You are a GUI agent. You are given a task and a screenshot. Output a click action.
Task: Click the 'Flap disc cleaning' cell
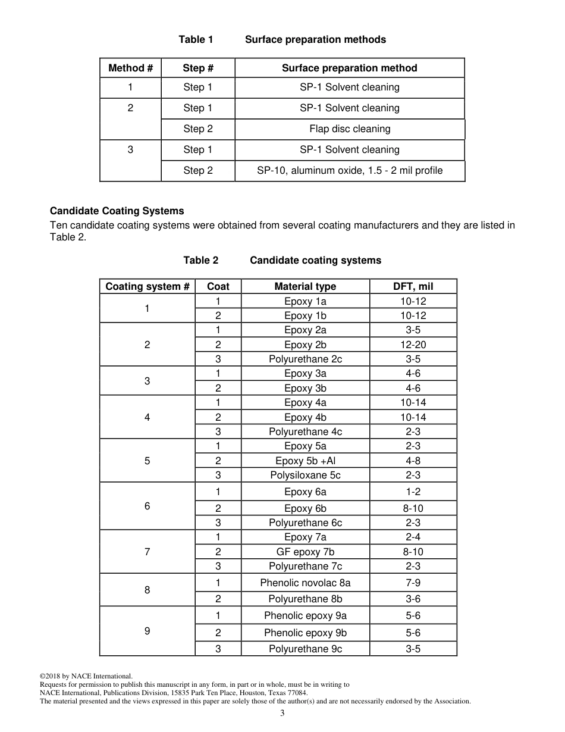pos(350,129)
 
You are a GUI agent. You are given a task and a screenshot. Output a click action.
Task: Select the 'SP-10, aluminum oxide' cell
pos(350,171)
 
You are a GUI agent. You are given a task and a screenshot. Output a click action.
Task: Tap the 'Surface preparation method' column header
pos(350,68)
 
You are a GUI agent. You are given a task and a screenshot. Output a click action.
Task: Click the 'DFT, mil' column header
pos(413,286)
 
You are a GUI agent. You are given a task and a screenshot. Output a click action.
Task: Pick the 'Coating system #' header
pos(147,286)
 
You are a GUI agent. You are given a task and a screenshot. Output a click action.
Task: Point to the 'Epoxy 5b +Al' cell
pos(305,461)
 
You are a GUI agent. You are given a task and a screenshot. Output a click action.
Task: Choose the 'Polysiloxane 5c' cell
pos(305,475)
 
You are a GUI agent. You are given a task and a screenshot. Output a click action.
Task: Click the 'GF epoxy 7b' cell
pos(305,552)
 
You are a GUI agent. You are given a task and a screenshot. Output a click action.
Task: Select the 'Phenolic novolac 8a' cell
pos(305,583)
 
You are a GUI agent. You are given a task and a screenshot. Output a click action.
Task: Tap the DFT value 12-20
pos(413,345)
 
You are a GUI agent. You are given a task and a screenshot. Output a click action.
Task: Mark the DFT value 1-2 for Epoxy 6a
pos(413,492)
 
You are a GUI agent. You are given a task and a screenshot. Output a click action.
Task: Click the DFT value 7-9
pos(413,583)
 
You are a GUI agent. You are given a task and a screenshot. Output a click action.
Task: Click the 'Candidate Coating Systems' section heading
pos(117,211)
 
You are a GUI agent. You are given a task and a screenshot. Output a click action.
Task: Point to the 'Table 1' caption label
pos(196,39)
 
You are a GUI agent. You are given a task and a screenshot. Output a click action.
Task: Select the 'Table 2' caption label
pos(200,260)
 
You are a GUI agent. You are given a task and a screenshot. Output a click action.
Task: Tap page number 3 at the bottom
pos(282,714)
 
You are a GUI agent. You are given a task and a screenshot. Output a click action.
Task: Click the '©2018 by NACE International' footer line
pos(86,676)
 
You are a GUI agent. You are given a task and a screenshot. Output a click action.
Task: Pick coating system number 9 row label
pos(147,631)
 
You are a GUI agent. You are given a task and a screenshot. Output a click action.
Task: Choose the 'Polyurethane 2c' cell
pos(305,359)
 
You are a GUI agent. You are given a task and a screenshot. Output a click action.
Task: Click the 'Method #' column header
pos(130,68)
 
